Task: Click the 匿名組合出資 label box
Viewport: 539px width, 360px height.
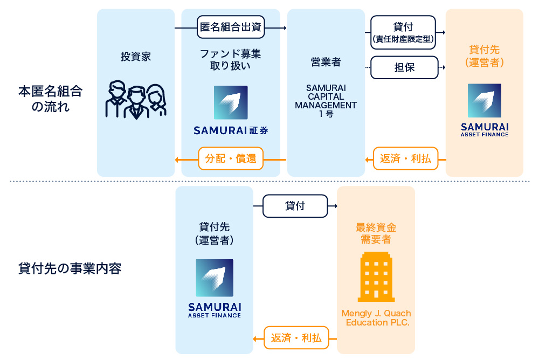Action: coord(231,27)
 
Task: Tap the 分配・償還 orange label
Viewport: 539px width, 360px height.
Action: coord(231,158)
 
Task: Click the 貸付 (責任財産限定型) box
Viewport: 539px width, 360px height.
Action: coord(404,32)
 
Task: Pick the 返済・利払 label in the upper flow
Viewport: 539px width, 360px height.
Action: coord(405,158)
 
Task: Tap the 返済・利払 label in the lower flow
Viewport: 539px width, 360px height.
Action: coord(296,338)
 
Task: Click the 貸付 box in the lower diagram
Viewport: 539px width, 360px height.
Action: coord(295,206)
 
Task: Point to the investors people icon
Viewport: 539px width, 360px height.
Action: coord(136,100)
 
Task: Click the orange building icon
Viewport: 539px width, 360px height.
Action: coord(376,276)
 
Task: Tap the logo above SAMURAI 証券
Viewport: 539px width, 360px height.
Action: coord(231,102)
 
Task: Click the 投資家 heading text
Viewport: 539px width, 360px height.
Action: coord(136,57)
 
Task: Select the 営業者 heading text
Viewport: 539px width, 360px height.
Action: coord(326,62)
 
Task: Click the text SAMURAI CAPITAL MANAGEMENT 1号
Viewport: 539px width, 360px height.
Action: coord(326,100)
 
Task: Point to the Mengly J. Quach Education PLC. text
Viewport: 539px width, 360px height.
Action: coord(376,318)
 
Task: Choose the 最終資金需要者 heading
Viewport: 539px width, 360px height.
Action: coord(376,234)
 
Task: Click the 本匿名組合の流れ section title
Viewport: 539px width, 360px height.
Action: coord(51,99)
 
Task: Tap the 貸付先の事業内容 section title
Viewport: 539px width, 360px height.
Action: coord(70,268)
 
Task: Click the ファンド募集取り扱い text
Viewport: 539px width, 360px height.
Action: coord(231,60)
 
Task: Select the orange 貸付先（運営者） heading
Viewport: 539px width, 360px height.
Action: coord(484,56)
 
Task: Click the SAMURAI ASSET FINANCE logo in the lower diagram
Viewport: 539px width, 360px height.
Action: coord(215,288)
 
